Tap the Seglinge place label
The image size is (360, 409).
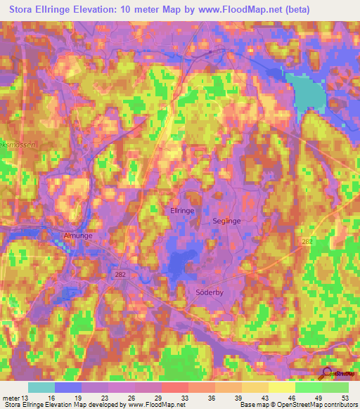point(226,221)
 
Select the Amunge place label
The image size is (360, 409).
point(78,236)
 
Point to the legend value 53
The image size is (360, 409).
point(344,398)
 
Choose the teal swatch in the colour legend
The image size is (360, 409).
point(41,387)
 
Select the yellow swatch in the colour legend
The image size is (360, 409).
point(281,387)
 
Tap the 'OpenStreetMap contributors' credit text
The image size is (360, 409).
point(310,405)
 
